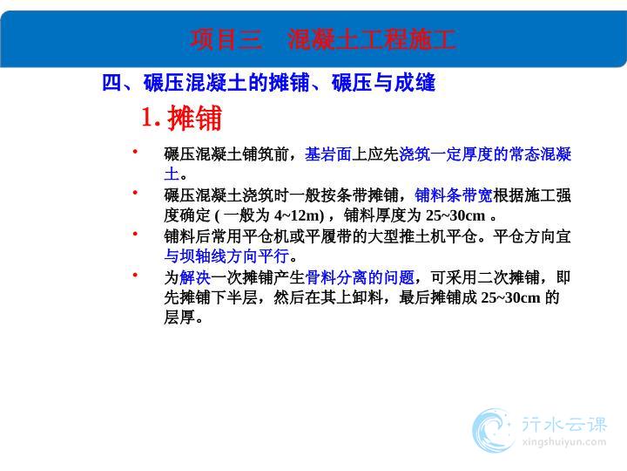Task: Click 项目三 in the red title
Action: point(226,39)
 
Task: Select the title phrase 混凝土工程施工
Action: point(372,39)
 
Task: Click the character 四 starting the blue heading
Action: point(112,83)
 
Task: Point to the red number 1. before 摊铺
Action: point(151,117)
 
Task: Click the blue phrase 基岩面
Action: point(328,154)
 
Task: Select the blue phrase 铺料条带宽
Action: point(454,195)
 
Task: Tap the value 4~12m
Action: point(299,216)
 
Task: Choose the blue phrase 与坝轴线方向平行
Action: point(226,256)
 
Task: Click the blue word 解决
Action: point(195,277)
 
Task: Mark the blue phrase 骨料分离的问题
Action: point(360,277)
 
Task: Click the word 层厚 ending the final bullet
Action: point(179,317)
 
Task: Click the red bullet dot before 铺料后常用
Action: point(135,233)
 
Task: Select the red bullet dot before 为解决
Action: point(135,275)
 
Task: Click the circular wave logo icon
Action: point(493,431)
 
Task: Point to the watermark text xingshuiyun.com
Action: point(563,442)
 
